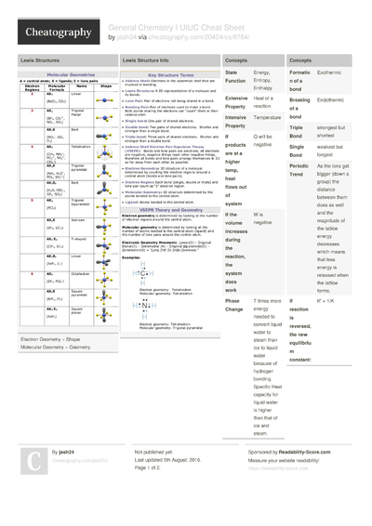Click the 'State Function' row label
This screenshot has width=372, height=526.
(x=237, y=76)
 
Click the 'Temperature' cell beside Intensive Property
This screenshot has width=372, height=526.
(x=267, y=118)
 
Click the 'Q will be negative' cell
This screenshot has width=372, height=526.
(x=267, y=140)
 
